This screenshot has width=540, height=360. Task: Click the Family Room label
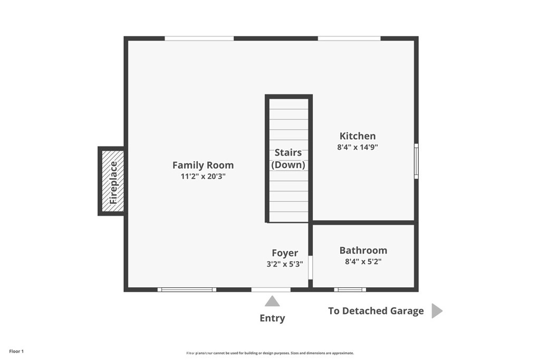203,165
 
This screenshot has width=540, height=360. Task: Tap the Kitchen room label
358,136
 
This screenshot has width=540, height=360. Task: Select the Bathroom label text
363,250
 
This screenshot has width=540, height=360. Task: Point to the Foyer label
285,253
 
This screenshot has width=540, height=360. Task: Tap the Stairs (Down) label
288,159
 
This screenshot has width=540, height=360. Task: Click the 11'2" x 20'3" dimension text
203,177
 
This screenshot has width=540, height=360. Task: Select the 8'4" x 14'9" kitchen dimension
358,148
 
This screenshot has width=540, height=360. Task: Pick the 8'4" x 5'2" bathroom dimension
363,262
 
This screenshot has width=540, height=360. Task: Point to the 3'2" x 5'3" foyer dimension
285,265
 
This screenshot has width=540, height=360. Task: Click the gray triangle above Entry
272,301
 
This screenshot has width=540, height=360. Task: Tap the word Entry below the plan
272,318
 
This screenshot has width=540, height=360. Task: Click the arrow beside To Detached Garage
437,311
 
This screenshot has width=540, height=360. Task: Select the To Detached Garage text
375,311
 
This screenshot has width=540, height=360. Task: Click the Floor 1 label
16,351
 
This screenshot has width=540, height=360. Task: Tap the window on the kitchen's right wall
416,161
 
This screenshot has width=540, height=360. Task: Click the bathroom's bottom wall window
350,289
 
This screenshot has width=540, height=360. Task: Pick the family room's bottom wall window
187,289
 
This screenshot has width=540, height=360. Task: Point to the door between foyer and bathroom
310,268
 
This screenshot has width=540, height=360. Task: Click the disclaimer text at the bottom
270,353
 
